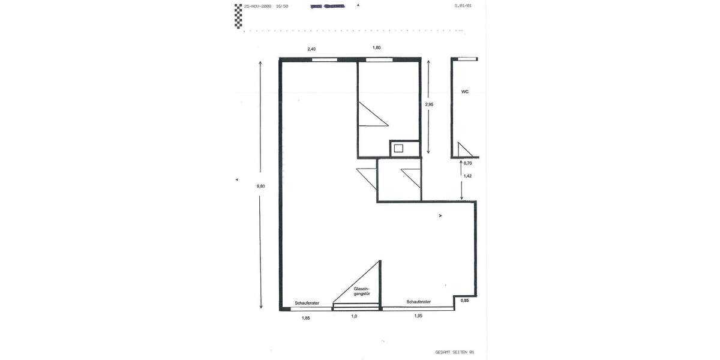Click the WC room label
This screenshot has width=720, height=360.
[x=464, y=92]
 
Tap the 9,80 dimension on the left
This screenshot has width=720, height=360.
[x=260, y=186]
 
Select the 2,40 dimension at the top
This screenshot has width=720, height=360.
[x=311, y=48]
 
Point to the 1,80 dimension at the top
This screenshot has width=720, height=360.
[x=376, y=47]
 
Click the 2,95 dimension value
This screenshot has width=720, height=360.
[x=429, y=104]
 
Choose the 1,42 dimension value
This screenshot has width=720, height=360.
[x=467, y=176]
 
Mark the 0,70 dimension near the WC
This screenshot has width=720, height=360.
[x=468, y=163]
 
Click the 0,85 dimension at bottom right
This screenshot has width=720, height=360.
[x=464, y=300]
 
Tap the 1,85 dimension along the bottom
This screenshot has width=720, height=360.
[x=305, y=317]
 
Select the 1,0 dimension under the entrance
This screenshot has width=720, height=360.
[x=354, y=316]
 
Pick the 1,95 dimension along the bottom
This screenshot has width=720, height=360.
[x=418, y=316]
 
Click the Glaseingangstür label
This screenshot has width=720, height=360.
[x=362, y=291]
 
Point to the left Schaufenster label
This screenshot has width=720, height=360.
[x=307, y=303]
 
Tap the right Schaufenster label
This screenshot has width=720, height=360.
[x=418, y=302]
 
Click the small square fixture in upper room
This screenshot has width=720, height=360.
[x=398, y=148]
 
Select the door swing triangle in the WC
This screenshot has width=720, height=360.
[x=463, y=151]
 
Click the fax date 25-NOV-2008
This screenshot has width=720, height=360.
[x=257, y=6]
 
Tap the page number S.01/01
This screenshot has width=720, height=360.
[x=463, y=6]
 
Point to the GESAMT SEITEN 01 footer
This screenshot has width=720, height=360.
[x=455, y=352]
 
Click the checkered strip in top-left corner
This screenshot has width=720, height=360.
[x=238, y=16]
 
